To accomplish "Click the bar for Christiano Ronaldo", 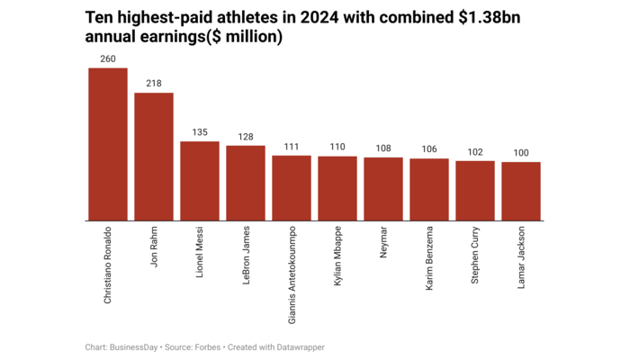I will click(108, 144).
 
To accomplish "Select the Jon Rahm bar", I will click(154, 157).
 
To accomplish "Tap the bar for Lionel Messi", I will click(200, 181).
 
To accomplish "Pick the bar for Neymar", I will click(383, 189).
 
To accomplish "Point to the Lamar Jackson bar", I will click(521, 191).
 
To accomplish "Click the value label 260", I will click(108, 58).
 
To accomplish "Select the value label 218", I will click(154, 84).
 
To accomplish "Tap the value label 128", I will click(246, 137).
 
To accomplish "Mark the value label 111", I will click(292, 147).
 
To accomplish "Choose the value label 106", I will click(429, 149).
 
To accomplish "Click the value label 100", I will click(521, 153).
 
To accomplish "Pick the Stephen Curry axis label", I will click(475, 256).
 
